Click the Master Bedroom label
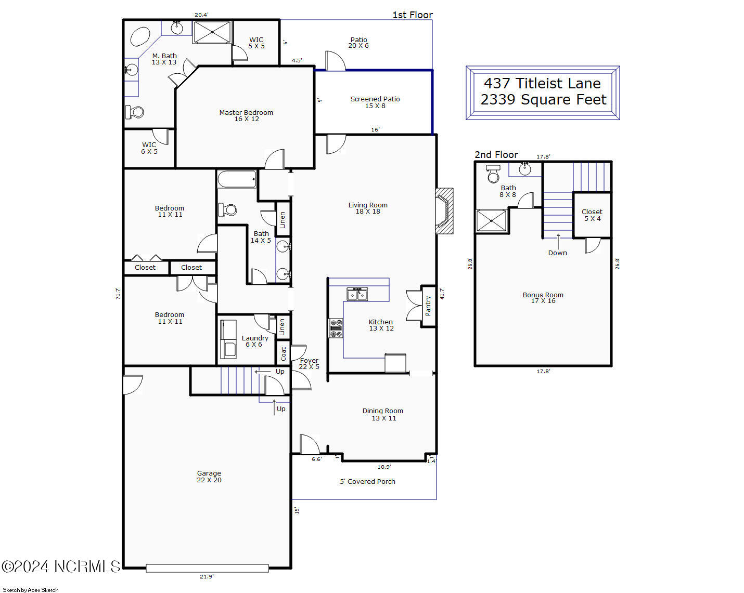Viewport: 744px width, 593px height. (x=246, y=115)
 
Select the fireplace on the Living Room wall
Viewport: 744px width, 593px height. (x=444, y=211)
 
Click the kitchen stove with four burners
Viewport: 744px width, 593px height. (x=336, y=328)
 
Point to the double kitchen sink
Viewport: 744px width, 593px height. (x=357, y=294)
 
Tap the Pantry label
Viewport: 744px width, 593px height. (x=428, y=306)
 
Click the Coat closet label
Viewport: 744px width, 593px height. (x=284, y=354)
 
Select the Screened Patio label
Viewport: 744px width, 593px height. (x=375, y=102)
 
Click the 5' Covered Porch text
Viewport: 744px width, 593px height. (x=367, y=481)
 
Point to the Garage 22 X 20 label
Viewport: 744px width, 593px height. (x=209, y=477)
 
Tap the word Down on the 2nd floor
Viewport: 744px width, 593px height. (x=557, y=253)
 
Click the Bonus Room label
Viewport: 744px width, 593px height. (x=543, y=298)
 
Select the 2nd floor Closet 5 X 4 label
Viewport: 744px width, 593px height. (x=592, y=215)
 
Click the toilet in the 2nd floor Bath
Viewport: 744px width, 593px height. (x=493, y=174)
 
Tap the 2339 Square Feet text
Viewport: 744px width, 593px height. (x=543, y=99)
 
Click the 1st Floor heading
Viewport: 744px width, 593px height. (x=413, y=15)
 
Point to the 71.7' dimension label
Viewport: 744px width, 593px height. (x=118, y=294)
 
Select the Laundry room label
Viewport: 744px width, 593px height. (x=255, y=341)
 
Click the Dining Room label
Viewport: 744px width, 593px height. (x=383, y=414)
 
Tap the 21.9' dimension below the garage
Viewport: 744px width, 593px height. (x=207, y=576)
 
